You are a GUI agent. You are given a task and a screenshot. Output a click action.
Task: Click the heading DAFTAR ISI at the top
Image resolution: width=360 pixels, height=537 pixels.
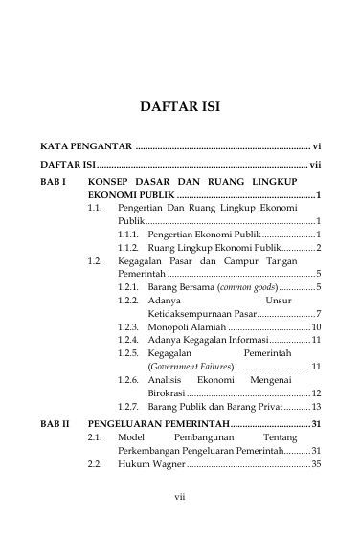180,107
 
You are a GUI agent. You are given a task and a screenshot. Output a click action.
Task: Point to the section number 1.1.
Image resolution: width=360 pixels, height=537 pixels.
95,207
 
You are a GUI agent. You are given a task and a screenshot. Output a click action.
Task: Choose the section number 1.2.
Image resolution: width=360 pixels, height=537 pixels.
95,260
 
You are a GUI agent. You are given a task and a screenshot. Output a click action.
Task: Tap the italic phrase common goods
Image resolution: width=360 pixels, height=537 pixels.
246,287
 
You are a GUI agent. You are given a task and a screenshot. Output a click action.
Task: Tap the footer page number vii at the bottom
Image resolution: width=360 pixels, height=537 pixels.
179,496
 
